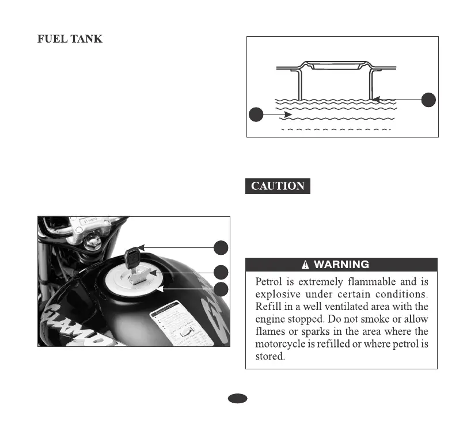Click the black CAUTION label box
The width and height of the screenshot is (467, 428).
[x=278, y=186]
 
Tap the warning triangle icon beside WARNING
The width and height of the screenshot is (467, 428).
[x=306, y=265]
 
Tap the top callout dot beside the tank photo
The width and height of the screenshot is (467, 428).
[x=221, y=247]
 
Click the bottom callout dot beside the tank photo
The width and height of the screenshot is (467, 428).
[x=221, y=289]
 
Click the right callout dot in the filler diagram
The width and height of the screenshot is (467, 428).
[x=428, y=99]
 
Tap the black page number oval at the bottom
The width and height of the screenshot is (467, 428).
[x=237, y=398]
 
